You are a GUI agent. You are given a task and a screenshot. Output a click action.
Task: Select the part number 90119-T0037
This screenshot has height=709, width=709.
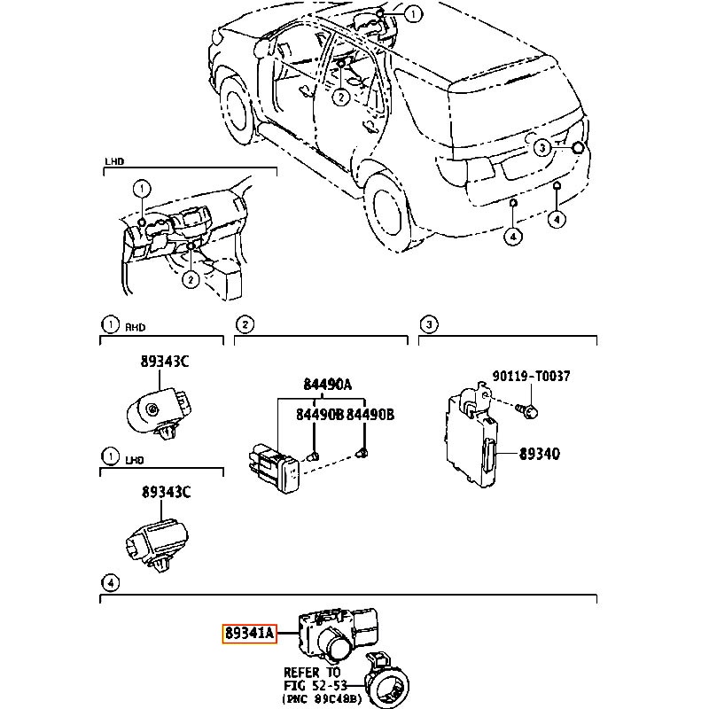531,377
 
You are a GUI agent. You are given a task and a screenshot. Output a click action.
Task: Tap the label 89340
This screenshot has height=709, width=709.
539,453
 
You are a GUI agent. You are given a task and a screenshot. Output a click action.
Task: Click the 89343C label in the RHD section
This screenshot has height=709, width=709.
165,362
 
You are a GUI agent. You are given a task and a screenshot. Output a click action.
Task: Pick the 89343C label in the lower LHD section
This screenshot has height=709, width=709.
165,492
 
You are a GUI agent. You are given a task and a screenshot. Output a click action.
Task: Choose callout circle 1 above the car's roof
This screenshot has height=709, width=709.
413,13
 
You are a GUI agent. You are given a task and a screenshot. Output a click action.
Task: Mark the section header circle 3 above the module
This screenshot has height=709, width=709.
428,325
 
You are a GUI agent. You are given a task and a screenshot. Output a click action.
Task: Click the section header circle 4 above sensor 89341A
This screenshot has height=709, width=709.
109,582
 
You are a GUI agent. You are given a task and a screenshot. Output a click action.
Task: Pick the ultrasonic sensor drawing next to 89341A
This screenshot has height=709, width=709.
340,631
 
